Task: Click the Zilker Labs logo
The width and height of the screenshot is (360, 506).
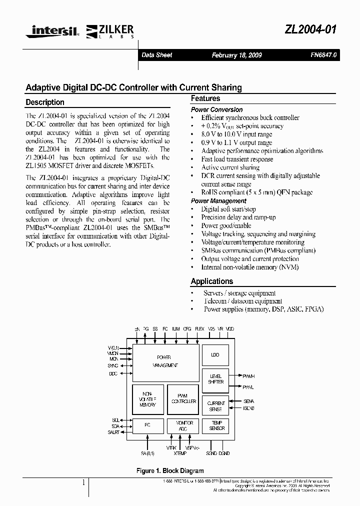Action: (111, 31)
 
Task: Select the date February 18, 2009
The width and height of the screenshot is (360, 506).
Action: (236, 55)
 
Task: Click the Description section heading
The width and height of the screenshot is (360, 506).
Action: (45, 102)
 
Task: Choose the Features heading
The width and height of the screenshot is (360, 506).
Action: (205, 98)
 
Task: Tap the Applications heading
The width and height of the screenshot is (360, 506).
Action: (212, 281)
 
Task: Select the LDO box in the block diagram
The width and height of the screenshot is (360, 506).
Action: (215, 355)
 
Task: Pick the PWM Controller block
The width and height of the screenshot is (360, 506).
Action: (183, 398)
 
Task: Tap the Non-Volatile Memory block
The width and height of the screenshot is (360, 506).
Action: (148, 398)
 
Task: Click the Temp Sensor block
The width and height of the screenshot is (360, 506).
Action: (215, 426)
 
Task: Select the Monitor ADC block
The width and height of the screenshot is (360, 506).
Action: (183, 426)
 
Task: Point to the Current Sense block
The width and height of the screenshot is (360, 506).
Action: (215, 406)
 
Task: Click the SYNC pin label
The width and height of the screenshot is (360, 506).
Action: (113, 365)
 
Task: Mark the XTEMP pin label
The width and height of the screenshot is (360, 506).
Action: (180, 452)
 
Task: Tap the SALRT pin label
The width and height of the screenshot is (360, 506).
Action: (113, 432)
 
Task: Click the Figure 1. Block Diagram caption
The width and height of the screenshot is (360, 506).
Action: (170, 470)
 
